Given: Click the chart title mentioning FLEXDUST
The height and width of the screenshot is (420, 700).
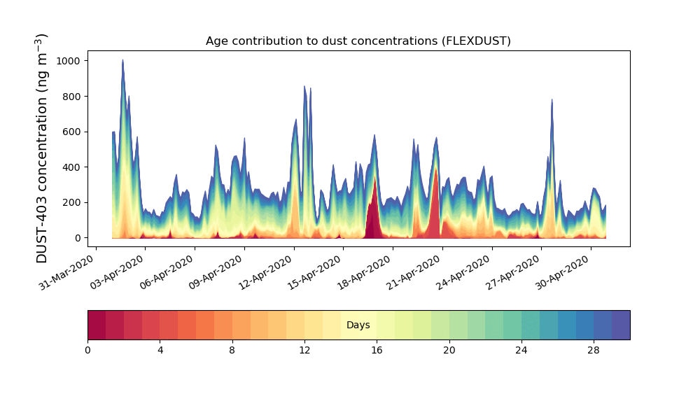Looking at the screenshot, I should click(358, 41).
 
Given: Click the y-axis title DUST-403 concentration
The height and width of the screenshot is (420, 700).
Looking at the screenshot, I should click(43, 148).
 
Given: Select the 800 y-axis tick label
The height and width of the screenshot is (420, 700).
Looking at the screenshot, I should click(72, 97).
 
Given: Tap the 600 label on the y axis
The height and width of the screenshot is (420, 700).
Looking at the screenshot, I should click(72, 132).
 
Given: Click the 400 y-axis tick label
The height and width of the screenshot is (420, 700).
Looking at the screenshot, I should click(72, 167).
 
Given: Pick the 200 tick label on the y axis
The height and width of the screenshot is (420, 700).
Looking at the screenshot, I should click(72, 202).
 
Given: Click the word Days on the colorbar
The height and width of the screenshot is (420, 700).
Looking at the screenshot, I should click(358, 325).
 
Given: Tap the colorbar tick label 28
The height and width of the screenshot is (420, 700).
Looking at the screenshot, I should click(594, 350).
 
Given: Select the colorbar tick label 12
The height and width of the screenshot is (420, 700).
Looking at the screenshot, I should click(304, 350).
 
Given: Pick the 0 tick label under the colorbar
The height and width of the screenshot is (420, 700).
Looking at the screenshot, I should click(87, 350).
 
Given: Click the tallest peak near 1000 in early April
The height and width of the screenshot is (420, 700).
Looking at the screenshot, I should click(122, 63).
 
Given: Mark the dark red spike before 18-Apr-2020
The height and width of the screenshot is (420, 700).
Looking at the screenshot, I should click(374, 210).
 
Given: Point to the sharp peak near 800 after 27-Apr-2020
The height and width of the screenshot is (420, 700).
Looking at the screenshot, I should click(552, 102).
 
